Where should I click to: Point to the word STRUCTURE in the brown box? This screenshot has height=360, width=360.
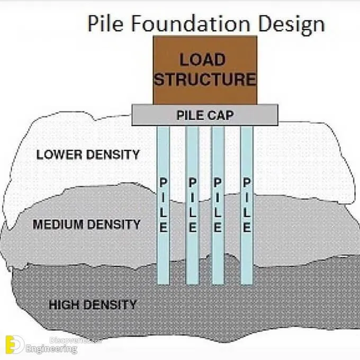pos(205,79)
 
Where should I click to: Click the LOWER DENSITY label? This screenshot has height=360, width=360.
pos(88,155)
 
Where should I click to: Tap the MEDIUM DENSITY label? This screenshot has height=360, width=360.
pos(87,224)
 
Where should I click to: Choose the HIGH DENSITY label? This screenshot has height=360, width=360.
pos(92,305)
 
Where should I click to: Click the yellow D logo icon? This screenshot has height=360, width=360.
pos(14,345)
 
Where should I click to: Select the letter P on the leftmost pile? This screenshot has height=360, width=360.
pos(164,182)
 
